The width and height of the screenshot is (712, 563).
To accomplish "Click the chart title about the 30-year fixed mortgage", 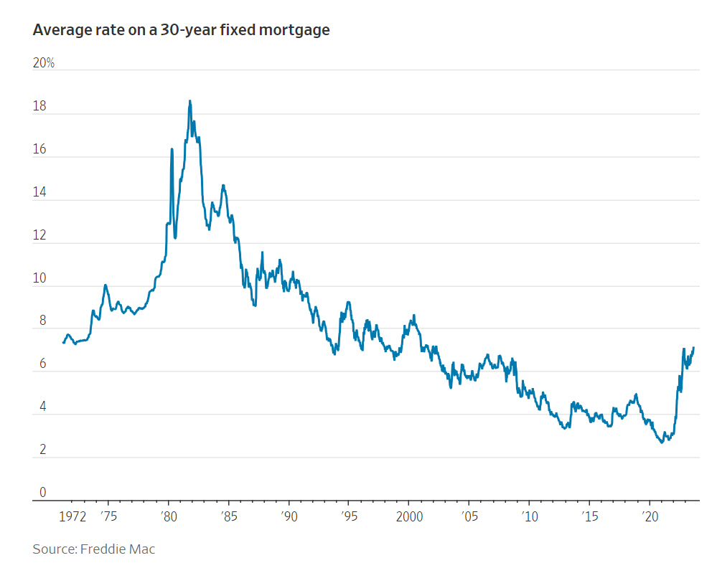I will tap(181, 30).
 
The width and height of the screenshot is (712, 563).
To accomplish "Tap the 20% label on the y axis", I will tap(44, 63).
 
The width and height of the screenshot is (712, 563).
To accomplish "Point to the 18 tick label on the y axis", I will tap(39, 106).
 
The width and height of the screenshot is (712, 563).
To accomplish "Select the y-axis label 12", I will tap(39, 235).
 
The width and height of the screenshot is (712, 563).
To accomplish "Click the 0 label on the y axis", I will tap(42, 493).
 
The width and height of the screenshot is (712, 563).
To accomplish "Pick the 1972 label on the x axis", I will tap(72, 516).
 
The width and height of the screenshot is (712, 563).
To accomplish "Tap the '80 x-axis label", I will tap(168, 516).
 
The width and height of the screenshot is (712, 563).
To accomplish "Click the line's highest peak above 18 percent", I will tap(189, 101).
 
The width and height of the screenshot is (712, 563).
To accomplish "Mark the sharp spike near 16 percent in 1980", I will tap(172, 149).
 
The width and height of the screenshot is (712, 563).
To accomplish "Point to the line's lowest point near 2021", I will tap(662, 443).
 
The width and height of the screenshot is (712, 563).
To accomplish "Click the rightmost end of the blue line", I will tap(694, 348).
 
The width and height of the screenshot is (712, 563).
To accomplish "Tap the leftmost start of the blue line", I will tap(63, 342).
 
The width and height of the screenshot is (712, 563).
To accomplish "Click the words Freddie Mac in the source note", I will tap(117, 549).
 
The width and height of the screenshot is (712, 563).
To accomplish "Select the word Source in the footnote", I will tap(53, 549).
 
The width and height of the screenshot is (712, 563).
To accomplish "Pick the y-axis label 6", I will tap(42, 364).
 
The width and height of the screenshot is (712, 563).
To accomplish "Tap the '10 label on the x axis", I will tap(528, 516).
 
